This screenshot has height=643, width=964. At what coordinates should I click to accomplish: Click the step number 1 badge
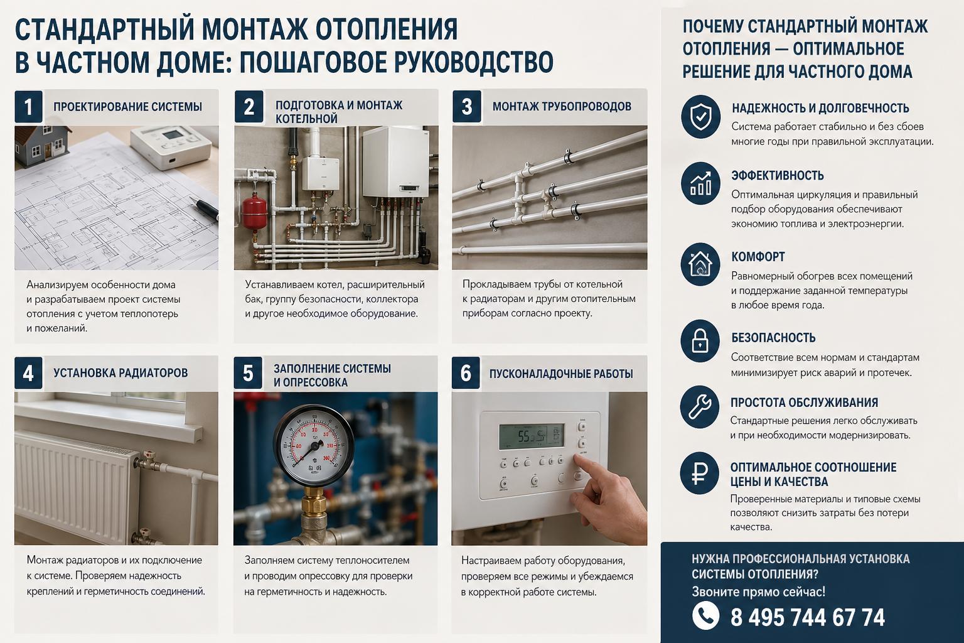click(28, 106)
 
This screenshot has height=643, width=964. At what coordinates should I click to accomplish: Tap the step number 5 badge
click(248, 373)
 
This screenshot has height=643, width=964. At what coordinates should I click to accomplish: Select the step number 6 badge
click(466, 373)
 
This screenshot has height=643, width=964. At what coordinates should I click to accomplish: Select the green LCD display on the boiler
click(531, 436)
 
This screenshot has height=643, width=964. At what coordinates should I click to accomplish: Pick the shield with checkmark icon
click(700, 116)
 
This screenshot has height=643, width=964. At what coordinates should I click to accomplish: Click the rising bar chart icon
click(700, 183)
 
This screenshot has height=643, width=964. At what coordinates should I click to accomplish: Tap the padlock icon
click(700, 341)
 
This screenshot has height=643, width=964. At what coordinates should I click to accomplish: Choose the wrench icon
click(700, 406)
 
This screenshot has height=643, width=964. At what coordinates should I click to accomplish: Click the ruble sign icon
click(699, 473)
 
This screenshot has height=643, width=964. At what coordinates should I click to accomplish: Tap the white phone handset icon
click(706, 615)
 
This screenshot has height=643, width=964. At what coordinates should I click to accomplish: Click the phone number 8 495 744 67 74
click(807, 617)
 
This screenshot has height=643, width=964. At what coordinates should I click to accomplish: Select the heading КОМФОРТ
click(758, 257)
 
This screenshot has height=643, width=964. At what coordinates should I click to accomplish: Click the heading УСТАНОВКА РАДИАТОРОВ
click(120, 372)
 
